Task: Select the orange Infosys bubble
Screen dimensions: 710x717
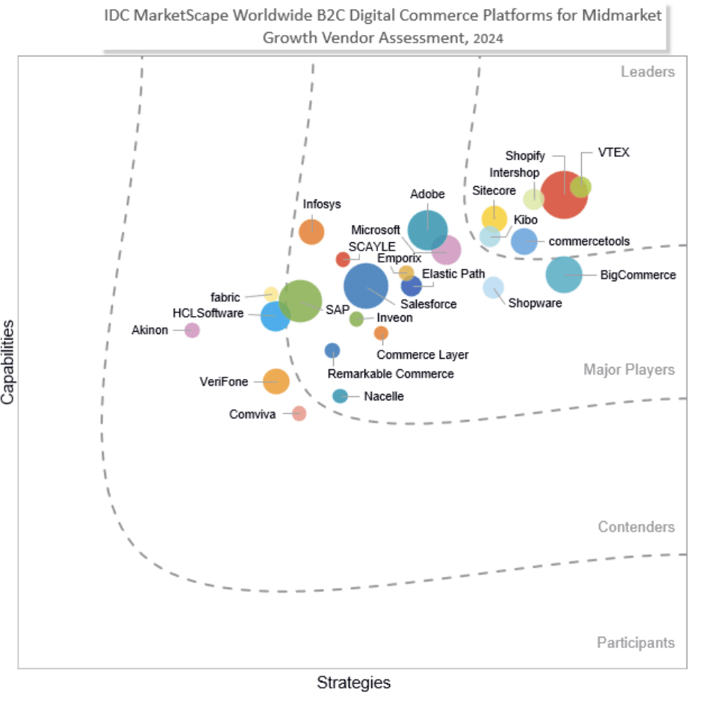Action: [311, 232]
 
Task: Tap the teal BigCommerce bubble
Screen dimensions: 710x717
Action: [564, 274]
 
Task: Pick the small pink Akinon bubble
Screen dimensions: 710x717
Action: [192, 330]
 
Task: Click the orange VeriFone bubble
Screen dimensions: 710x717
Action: [276, 381]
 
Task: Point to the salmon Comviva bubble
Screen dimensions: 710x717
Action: [299, 413]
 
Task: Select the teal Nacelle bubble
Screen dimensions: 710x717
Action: [340, 396]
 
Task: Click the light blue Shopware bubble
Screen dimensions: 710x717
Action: [493, 287]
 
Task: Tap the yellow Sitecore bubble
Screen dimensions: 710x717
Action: [494, 217]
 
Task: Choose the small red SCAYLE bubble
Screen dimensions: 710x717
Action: [343, 259]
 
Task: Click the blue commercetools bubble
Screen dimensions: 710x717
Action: [524, 241]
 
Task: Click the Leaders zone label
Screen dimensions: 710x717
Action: [648, 72]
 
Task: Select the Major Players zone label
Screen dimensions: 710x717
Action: [629, 370]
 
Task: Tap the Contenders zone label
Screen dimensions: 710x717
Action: [636, 527]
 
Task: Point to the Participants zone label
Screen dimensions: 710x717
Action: [636, 643]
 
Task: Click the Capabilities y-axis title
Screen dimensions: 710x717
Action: [8, 362]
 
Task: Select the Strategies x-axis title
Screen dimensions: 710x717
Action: [353, 682]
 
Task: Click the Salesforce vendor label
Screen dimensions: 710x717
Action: [428, 304]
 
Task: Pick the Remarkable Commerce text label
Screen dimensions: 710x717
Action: [391, 374]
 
